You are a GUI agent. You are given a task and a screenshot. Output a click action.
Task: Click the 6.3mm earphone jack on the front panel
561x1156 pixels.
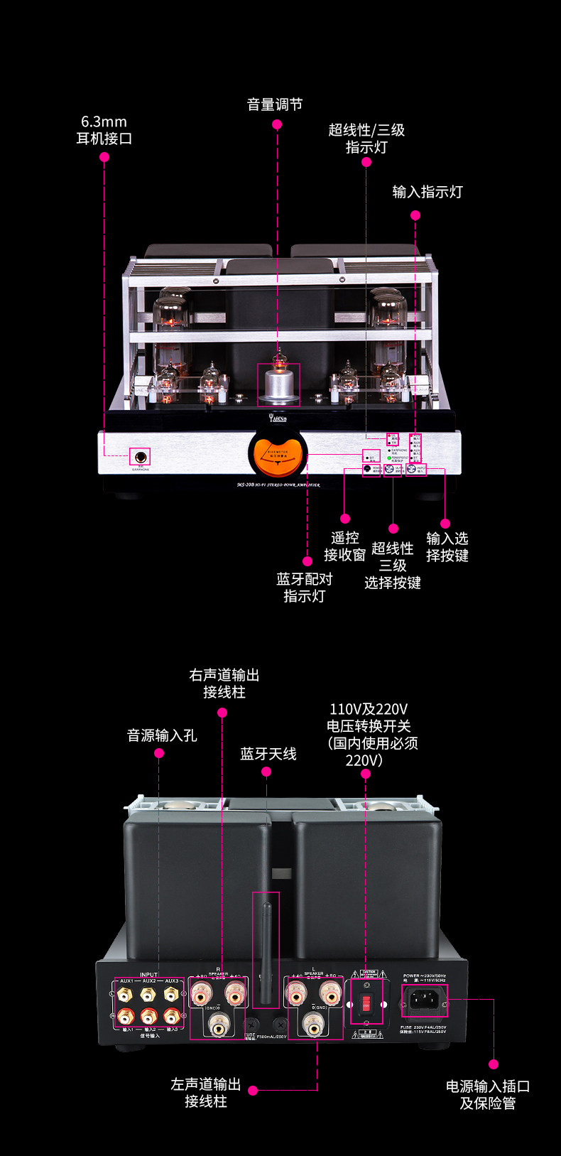tap(140, 456)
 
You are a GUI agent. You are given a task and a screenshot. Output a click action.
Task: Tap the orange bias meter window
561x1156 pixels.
tap(278, 455)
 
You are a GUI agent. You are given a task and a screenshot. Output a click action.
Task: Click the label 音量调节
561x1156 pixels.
tap(275, 105)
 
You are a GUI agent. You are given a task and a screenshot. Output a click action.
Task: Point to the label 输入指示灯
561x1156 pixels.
tap(427, 192)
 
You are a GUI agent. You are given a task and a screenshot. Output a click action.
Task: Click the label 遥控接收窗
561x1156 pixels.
tap(345, 546)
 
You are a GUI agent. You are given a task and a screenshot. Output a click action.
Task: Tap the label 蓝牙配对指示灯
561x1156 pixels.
tap(305, 588)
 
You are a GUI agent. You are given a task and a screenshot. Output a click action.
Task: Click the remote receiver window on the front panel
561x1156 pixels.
tap(368, 469)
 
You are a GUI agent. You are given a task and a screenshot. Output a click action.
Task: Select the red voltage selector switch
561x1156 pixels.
tap(366, 1003)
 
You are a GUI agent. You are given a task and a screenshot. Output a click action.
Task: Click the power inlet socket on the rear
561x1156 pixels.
tap(425, 1000)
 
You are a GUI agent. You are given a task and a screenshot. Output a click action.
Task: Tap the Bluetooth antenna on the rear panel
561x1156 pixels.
tap(266, 951)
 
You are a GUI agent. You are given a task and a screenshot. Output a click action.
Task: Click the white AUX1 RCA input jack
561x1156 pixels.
tap(126, 994)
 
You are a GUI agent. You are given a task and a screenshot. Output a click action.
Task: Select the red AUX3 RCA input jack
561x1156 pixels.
tap(170, 1016)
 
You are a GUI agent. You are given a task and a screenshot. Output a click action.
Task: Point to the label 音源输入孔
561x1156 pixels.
tap(162, 735)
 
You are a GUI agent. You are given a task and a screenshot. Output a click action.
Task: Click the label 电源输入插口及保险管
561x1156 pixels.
tap(488, 1095)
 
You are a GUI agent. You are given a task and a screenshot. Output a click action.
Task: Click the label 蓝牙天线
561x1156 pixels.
tap(268, 754)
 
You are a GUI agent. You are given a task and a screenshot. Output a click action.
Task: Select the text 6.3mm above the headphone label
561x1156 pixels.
tap(104, 122)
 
